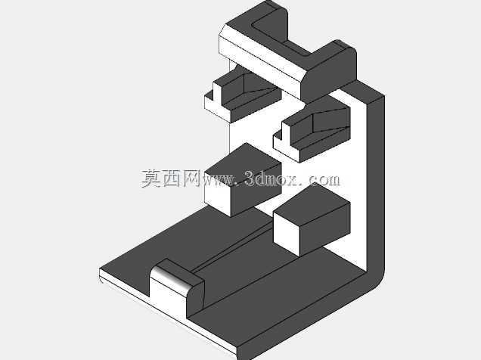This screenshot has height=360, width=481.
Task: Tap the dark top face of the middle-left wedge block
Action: [x=243, y=162]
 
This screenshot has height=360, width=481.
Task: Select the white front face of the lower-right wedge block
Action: [x=287, y=231]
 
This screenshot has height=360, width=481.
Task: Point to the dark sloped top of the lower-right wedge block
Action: [x=312, y=205]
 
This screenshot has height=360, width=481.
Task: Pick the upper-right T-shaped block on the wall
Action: [x=312, y=132]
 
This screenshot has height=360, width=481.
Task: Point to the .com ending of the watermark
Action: [x=321, y=179]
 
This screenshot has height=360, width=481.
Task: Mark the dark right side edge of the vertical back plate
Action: [x=375, y=185]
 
